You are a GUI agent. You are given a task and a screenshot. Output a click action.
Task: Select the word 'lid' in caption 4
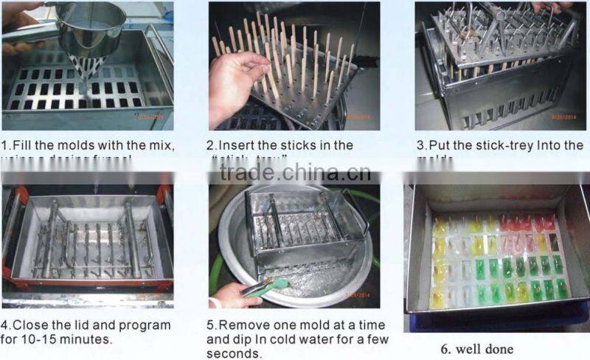pos(86,325)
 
